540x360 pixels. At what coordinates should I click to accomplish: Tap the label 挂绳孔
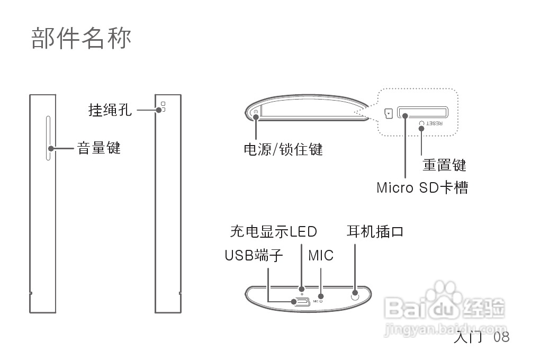(x=110, y=110)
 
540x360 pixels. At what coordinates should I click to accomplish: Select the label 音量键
(x=99, y=148)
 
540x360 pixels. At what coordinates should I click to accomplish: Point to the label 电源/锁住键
(x=283, y=150)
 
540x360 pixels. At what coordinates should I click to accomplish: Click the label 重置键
(x=444, y=165)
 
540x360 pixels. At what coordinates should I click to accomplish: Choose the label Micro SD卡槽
(x=422, y=187)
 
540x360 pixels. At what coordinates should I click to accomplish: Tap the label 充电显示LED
(x=273, y=231)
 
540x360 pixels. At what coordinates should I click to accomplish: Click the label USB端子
(x=254, y=256)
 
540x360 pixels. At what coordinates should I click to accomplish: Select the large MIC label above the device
(x=321, y=256)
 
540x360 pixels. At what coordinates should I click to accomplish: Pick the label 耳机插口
(x=375, y=231)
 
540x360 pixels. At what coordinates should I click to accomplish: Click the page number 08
(x=501, y=337)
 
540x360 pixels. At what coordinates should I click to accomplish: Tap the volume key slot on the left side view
(x=48, y=138)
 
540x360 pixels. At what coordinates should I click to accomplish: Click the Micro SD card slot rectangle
(x=422, y=113)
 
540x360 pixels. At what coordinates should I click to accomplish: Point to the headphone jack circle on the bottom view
(x=355, y=294)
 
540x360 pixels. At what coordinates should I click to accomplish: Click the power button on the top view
(x=256, y=112)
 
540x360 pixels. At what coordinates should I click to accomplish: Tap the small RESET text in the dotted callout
(x=434, y=123)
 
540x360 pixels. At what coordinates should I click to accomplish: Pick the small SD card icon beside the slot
(x=389, y=113)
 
